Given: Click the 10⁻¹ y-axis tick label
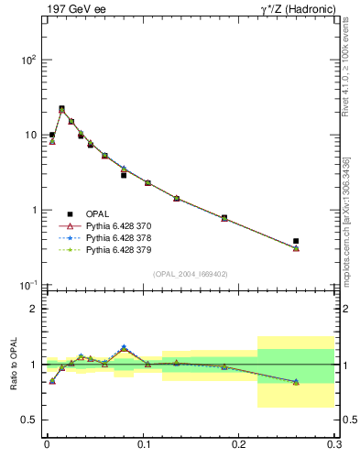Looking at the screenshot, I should pos(27,286).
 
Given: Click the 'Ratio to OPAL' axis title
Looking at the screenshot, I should pos(13,365).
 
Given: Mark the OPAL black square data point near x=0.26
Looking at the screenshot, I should pos(296,241).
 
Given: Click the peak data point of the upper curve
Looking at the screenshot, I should pos(61,109).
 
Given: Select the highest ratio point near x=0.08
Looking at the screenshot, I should pos(124,347).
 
